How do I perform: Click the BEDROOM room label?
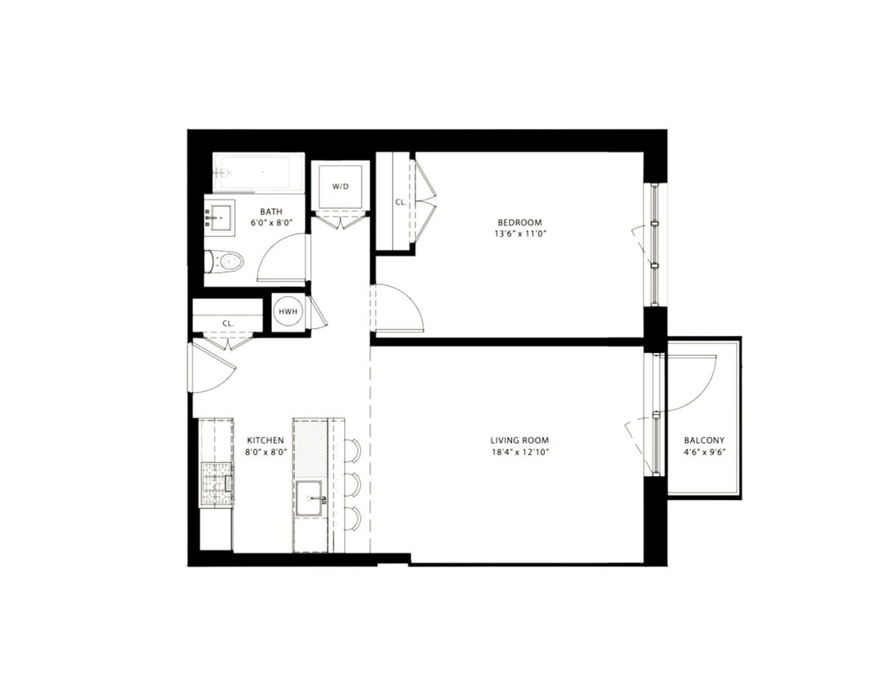[519, 223]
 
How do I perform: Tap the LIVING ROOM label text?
[519, 440]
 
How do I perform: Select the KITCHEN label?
[266, 440]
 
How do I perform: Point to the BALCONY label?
[704, 440]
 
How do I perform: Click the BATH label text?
[271, 211]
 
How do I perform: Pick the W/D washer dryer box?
[340, 186]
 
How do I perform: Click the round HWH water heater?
[288, 312]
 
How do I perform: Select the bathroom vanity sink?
[220, 218]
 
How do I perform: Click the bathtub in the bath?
[259, 172]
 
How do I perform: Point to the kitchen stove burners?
[217, 485]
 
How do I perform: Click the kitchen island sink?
[310, 498]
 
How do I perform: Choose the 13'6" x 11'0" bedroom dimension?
[520, 234]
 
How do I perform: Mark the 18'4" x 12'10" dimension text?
[520, 452]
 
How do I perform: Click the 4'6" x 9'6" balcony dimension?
[704, 452]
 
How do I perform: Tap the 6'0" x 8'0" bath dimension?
[272, 223]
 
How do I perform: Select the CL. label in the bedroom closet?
[401, 202]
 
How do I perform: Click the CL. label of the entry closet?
[228, 323]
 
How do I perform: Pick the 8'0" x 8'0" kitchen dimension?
[266, 452]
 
